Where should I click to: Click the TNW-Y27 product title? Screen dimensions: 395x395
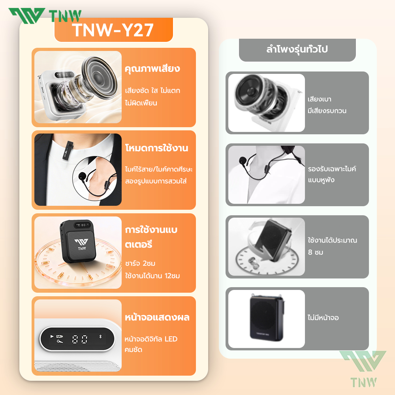[113, 30]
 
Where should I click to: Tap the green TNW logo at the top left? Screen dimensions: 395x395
[45, 16]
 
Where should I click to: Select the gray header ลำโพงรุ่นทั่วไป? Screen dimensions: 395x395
[297, 49]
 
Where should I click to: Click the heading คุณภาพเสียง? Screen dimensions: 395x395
[152, 68]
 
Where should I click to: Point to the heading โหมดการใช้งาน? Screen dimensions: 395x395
[157, 148]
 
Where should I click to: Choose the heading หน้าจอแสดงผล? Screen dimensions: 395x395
[157, 317]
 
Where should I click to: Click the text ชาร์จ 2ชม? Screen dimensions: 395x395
[140, 263]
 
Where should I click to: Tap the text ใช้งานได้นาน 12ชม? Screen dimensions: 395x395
[152, 276]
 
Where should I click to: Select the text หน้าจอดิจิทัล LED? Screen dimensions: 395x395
[151, 339]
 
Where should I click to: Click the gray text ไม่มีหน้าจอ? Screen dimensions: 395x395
[323, 318]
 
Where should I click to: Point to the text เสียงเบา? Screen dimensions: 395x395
[320, 99]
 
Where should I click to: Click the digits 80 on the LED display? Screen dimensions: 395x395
[80, 339]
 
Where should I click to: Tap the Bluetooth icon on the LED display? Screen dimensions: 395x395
[100, 336]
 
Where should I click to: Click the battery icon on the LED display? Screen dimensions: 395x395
[60, 336]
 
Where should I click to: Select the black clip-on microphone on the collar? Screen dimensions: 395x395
[68, 150]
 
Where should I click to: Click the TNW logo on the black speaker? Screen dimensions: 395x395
[81, 244]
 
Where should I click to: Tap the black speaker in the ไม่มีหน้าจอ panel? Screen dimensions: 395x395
[267, 318]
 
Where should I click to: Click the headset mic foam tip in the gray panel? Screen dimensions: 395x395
[243, 160]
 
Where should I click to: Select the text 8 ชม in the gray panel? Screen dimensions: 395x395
[315, 252]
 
